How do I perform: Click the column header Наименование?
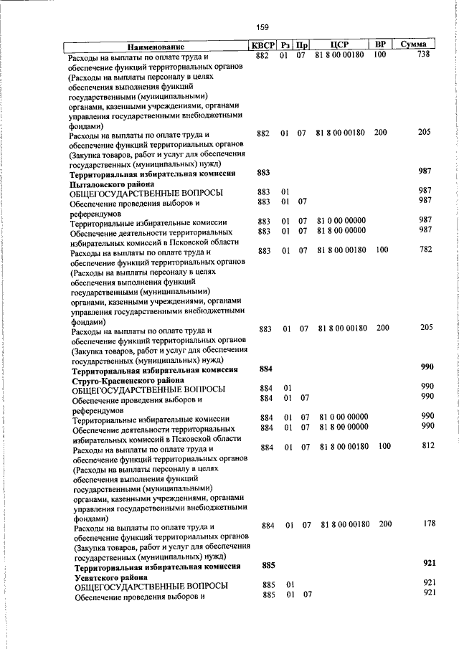[x=157, y=46]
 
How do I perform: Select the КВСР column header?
[x=262, y=45]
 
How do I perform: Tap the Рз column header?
[x=285, y=45]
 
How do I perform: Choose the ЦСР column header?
[x=341, y=45]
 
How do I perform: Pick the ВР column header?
[x=380, y=45]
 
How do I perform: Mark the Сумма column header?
[x=414, y=45]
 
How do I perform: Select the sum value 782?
[x=426, y=250]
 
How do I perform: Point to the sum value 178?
[x=429, y=524]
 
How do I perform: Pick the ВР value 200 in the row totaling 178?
[x=385, y=524]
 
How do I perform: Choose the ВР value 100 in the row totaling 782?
[x=382, y=250]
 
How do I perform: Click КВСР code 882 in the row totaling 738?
[x=262, y=55]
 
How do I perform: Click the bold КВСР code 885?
[x=268, y=565]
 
